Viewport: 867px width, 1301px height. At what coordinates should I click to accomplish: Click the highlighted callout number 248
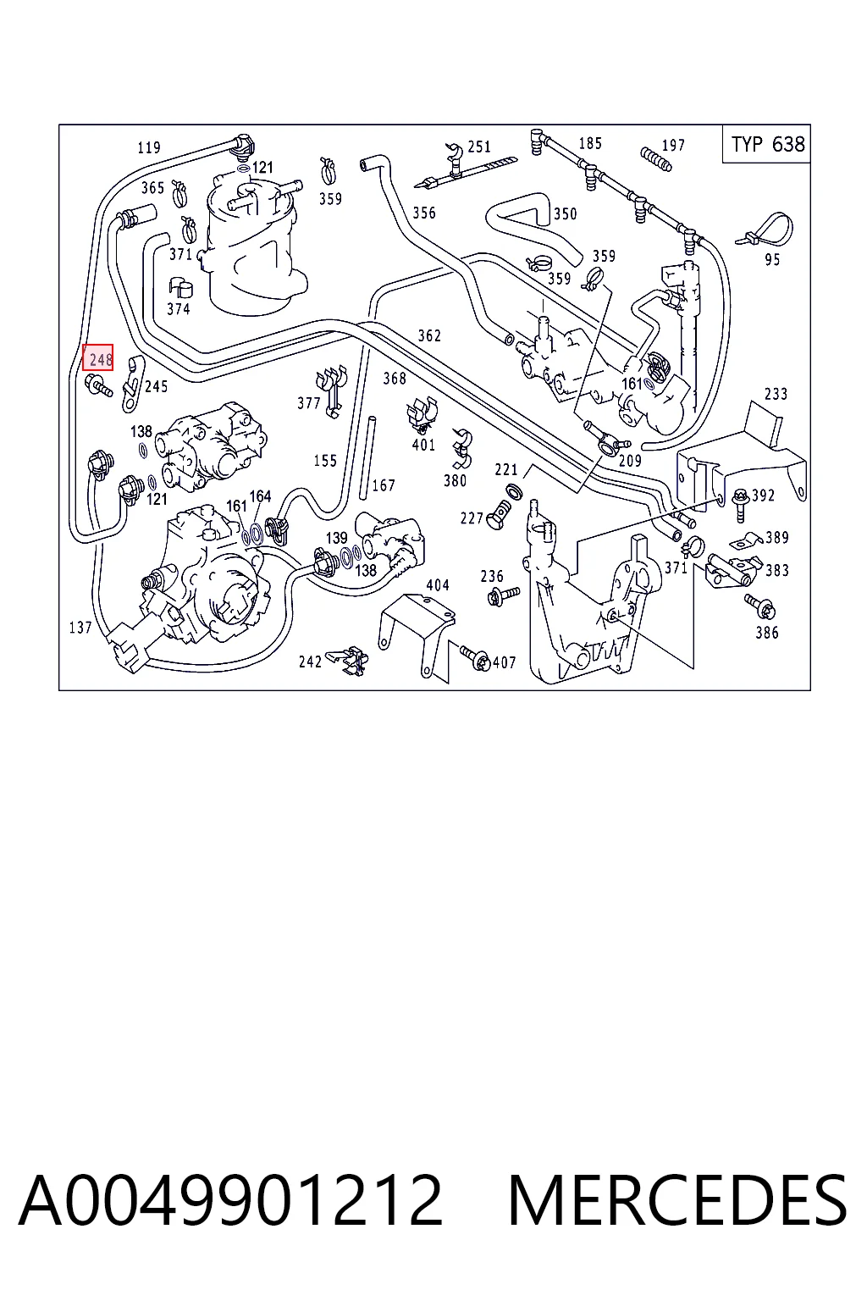pos(97,357)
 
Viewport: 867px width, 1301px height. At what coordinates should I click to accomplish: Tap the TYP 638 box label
pos(767,144)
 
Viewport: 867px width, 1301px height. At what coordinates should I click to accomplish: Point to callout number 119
pos(149,147)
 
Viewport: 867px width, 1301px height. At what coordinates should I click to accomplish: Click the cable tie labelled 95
pos(765,230)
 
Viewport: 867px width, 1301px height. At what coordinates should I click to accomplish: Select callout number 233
pos(776,395)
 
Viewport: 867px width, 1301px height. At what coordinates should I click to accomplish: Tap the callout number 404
pos(437,585)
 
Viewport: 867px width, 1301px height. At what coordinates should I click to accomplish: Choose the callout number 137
pos(80,628)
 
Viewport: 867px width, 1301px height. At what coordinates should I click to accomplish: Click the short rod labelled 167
pos(367,457)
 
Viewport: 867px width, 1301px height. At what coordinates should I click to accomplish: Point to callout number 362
pos(429,335)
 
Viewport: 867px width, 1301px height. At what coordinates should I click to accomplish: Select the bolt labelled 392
pos(739,503)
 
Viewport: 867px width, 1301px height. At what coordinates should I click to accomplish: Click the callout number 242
pos(310,662)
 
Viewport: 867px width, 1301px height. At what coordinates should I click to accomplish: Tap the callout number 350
pos(565,214)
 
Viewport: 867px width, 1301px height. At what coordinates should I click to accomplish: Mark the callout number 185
pos(590,143)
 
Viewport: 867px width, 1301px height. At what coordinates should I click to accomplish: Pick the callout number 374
pos(179,309)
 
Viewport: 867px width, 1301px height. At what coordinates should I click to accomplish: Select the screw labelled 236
pos(504,596)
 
